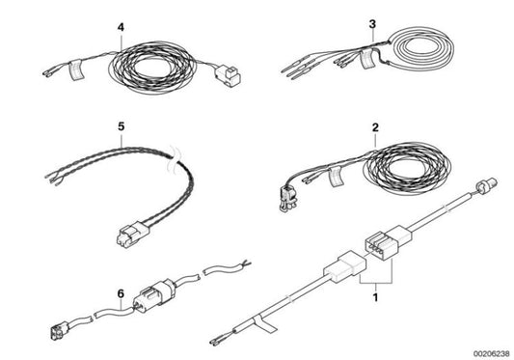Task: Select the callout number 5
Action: click(x=122, y=125)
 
